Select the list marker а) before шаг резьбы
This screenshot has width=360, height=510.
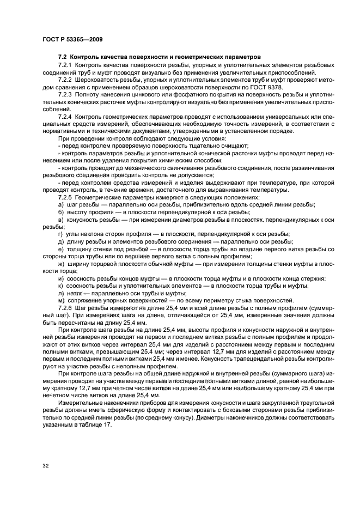[x=61, y=203]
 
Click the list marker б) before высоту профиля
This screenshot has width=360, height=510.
[x=61, y=211]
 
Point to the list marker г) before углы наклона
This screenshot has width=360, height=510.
[x=60, y=233]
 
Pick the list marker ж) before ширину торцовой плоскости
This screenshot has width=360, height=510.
[x=62, y=264]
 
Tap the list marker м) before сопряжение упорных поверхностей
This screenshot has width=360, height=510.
[x=61, y=300]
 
